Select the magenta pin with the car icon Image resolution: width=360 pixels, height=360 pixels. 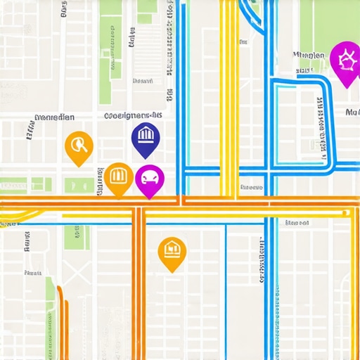click(x=149, y=180)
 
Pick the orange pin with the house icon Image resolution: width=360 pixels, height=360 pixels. click(x=172, y=251)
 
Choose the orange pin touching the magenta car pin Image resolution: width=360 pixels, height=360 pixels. click(x=118, y=177)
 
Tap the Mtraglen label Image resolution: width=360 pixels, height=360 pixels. click(x=309, y=55)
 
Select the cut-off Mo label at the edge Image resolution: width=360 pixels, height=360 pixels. click(x=352, y=112)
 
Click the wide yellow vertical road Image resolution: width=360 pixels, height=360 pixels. click(x=228, y=98)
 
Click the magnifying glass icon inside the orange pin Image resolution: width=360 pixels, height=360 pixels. click(x=79, y=145)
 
